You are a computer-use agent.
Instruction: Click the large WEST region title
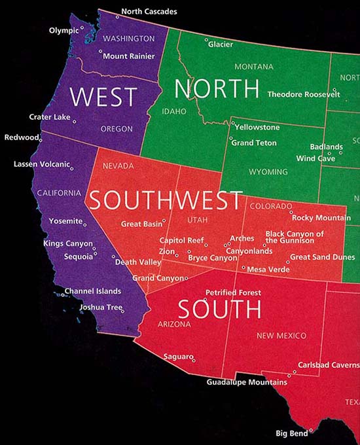point(103,97)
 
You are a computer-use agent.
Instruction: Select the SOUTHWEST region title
point(166,200)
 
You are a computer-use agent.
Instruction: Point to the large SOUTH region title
point(219,308)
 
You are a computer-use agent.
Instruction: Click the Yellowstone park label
point(257,127)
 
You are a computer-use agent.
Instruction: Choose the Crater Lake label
point(49,117)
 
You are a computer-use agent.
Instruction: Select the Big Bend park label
point(291,433)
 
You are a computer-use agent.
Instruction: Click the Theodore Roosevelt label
point(304,94)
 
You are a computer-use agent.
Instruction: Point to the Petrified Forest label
point(233,293)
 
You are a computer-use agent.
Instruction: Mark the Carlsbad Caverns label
point(329,365)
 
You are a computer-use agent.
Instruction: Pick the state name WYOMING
point(268,172)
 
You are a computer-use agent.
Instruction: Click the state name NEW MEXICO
point(281,336)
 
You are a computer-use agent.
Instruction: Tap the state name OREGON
point(117,129)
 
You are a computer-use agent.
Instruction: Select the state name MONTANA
point(253,67)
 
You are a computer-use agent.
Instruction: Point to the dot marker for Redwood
point(41,139)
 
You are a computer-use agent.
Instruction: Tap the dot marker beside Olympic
point(82,28)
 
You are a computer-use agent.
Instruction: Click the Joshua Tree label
point(100,307)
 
